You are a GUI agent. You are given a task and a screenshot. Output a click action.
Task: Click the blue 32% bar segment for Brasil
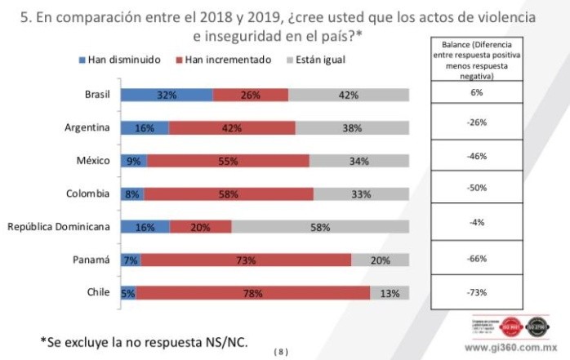coord(167,95)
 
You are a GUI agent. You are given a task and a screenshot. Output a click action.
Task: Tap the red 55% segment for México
coord(229,161)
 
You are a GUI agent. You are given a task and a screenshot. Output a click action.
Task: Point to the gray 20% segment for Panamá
coord(380,260)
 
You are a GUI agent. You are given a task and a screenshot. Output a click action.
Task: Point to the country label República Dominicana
coord(58,227)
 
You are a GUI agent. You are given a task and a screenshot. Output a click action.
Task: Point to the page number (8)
coord(281,352)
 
